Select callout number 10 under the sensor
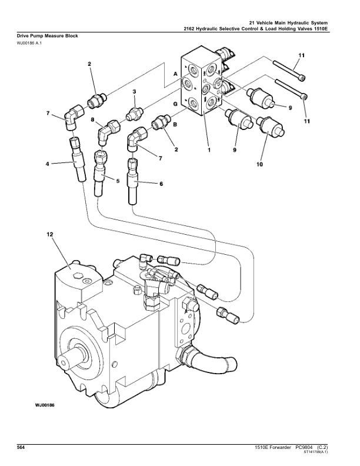tap(259, 165)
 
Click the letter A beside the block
tap(175, 74)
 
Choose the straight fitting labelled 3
tap(135, 109)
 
